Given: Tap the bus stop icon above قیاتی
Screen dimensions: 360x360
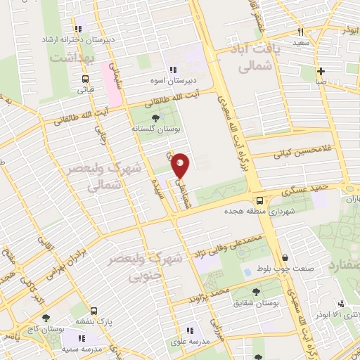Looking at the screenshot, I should click(85, 79).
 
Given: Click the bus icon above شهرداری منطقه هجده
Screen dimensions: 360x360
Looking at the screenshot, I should click(259, 200).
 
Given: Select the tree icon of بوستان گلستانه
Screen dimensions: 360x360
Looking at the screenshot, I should click(155, 119).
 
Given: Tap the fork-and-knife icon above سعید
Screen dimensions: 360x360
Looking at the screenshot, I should click(301, 32).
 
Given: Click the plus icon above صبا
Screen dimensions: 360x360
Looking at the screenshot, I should click(321, 71).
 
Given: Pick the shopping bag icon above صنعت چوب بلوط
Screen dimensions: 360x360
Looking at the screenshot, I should click(285, 257).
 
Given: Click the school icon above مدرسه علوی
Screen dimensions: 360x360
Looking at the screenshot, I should click(189, 330).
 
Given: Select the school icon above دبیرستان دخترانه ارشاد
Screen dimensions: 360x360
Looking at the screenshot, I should click(79, 30).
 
